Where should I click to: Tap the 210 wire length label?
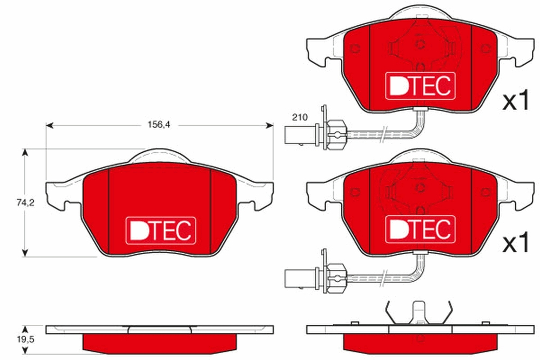pos(300,117)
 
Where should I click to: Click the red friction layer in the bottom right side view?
pos(419,341)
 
